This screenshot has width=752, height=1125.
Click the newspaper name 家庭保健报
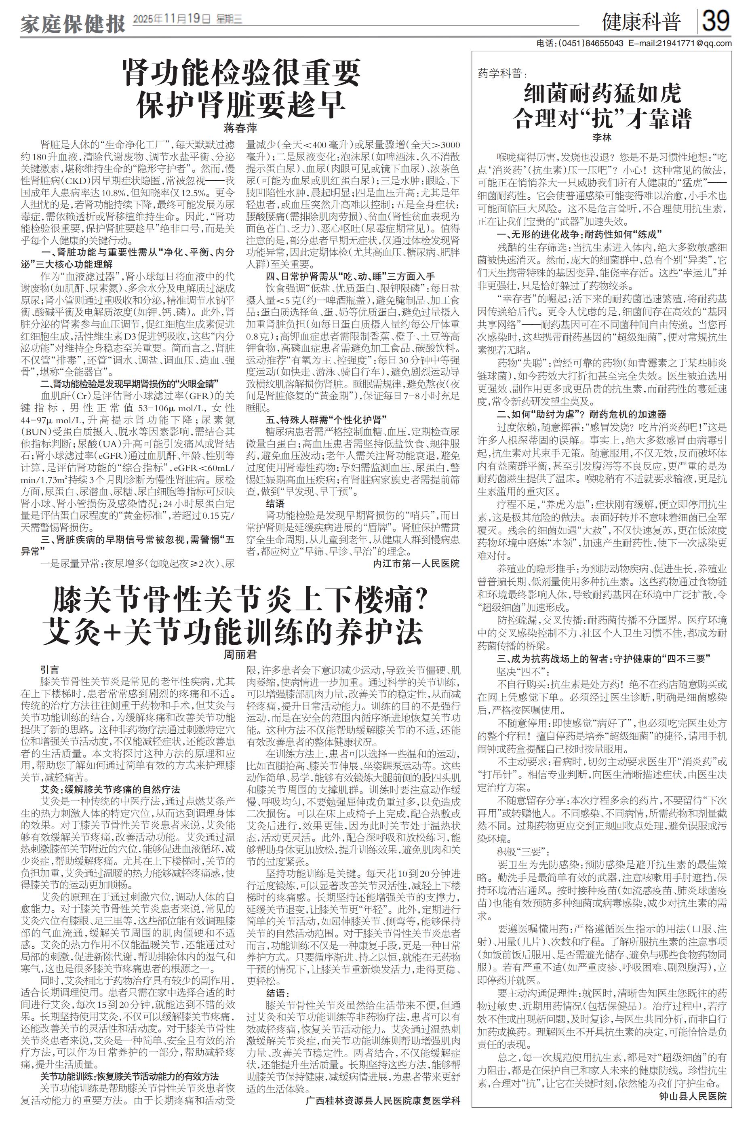pos(72,23)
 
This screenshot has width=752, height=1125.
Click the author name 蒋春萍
pos(240,128)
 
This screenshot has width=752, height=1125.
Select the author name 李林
pos(602,137)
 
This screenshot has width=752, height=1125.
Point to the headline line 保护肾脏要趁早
pos(241,104)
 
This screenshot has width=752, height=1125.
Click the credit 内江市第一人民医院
pos(416,563)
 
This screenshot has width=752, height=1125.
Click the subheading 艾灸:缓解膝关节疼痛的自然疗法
pos(110,789)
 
